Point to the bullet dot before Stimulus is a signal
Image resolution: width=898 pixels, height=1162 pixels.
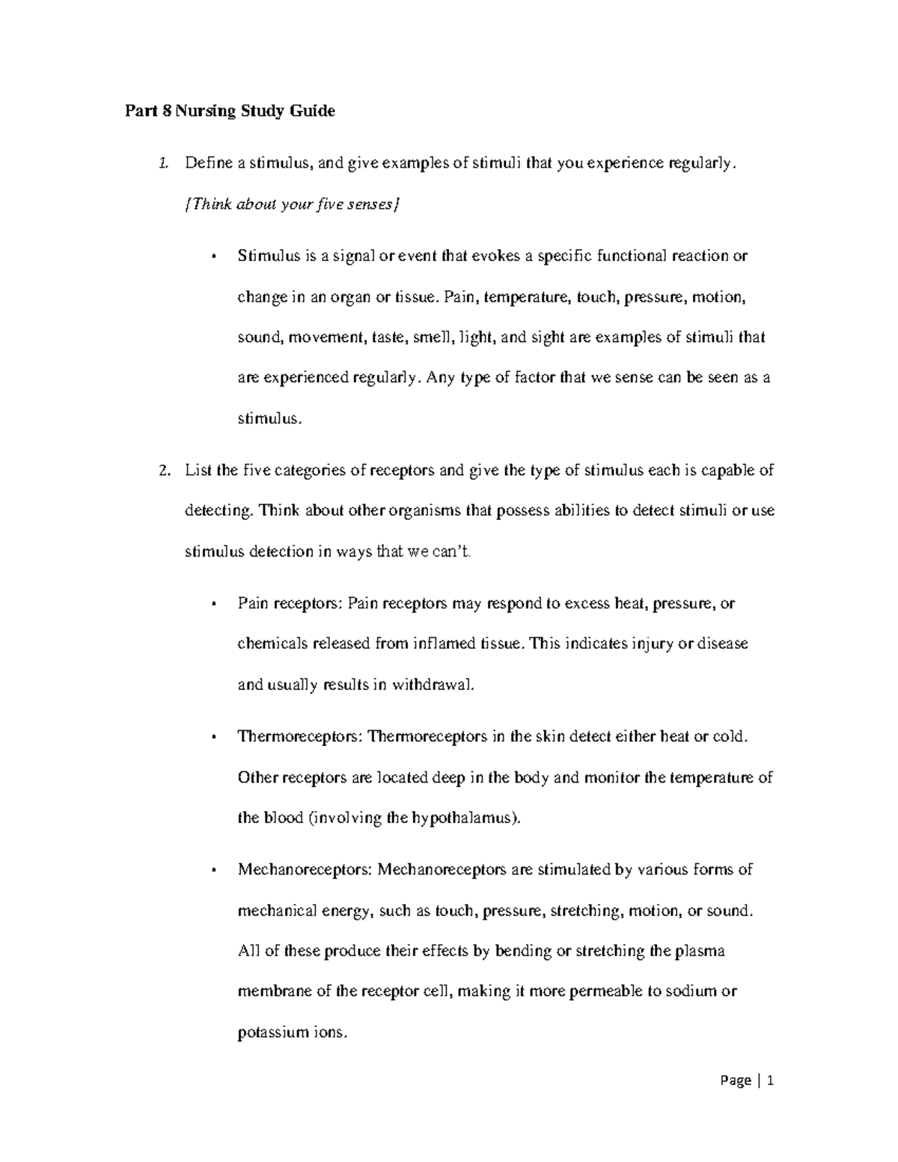[215, 257]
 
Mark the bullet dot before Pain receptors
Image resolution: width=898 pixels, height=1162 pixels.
[215, 604]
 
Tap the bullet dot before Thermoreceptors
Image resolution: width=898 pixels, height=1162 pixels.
[215, 737]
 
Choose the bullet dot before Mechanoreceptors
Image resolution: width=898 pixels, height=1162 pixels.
[215, 870]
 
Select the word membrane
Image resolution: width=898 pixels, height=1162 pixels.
[272, 992]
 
